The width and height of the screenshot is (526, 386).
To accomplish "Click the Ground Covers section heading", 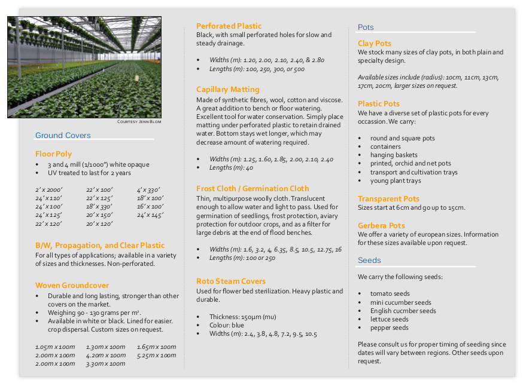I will click(x=63, y=135).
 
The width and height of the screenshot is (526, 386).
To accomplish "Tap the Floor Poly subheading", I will click(x=53, y=154).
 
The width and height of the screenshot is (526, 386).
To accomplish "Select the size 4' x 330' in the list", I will click(x=148, y=190).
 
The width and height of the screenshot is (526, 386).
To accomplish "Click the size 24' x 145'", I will click(x=150, y=215).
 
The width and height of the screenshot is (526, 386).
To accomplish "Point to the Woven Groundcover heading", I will click(x=72, y=285).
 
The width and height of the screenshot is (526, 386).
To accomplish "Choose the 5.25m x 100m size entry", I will click(x=156, y=355).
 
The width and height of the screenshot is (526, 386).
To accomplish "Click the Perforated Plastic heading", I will click(x=229, y=26).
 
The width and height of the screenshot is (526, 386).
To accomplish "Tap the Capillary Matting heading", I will click(x=228, y=90).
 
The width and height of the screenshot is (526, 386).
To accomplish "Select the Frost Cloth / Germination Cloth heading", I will click(x=253, y=188).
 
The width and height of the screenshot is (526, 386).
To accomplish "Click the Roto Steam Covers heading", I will click(x=231, y=281).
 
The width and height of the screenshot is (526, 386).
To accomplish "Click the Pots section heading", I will click(x=366, y=27).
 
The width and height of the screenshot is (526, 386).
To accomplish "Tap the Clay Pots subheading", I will click(x=375, y=43).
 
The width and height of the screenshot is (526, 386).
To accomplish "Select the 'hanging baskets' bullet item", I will click(x=394, y=155).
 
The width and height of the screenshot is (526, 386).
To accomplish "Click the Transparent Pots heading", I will click(x=388, y=198).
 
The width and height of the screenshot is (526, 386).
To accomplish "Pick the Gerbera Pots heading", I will click(x=381, y=225).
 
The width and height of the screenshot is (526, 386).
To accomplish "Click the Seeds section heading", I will click(x=369, y=260).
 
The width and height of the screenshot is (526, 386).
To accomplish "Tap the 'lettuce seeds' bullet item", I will click(x=389, y=319).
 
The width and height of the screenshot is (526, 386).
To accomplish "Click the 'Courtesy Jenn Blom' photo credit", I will click(x=139, y=121).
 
